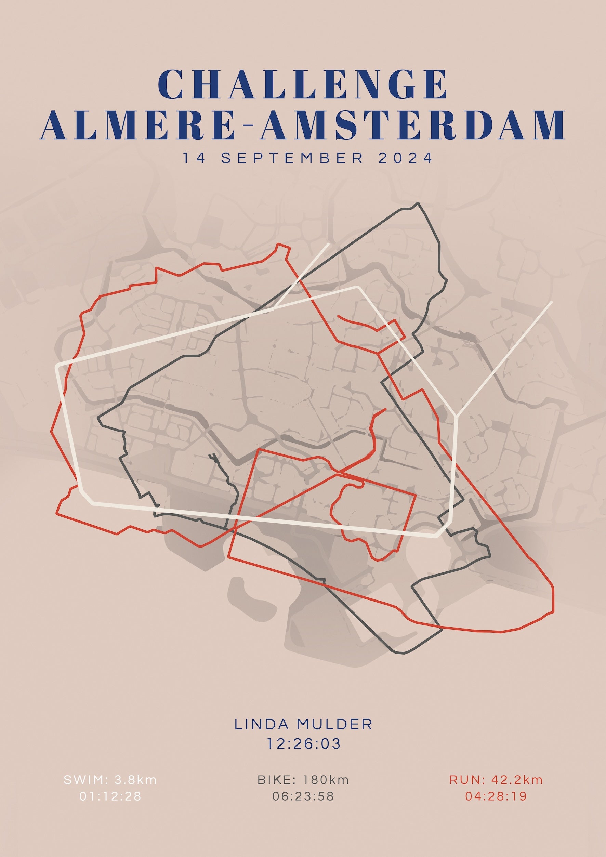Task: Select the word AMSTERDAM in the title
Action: pyautogui.click(x=413, y=125)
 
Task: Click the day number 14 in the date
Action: pyautogui.click(x=194, y=158)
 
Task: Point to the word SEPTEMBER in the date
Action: pyautogui.click(x=292, y=158)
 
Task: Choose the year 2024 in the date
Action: pyautogui.click(x=406, y=158)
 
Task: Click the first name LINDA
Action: pyautogui.click(x=262, y=725)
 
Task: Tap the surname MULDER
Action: pyautogui.click(x=335, y=725)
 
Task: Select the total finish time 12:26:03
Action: pyautogui.click(x=303, y=744)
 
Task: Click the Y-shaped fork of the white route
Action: pyautogui.click(x=456, y=414)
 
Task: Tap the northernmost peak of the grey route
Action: pyautogui.click(x=418, y=203)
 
